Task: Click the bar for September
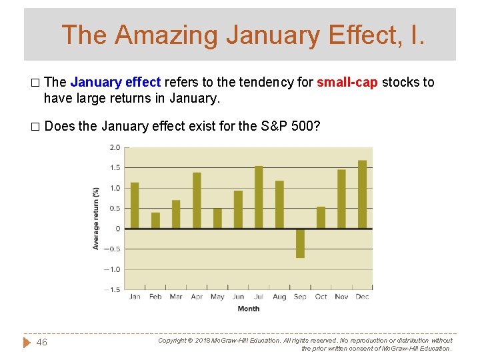(300, 243)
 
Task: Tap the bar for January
(135, 205)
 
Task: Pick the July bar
(259, 197)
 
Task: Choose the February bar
(155, 221)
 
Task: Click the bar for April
(197, 201)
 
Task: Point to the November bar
(341, 199)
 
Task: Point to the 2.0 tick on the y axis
(115, 147)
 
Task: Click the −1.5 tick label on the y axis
(113, 290)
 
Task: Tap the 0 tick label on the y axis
(117, 229)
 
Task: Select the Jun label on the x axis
(238, 297)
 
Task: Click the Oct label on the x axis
(321, 297)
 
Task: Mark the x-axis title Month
(248, 309)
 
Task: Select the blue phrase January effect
(115, 83)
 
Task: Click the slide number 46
(41, 342)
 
